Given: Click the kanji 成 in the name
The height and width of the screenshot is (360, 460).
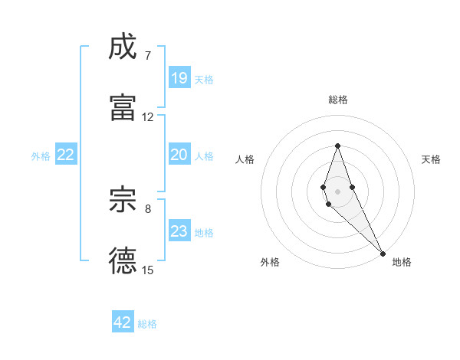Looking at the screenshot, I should (123, 47).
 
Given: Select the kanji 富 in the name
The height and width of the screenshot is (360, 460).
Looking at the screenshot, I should (123, 108).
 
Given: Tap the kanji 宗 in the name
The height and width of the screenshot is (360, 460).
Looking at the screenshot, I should (123, 200).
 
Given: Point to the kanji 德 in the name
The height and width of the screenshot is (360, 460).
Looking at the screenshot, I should (123, 261).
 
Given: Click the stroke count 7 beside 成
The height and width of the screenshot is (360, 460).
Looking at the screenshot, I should (148, 56).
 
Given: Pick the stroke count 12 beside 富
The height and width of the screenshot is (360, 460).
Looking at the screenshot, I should (148, 117).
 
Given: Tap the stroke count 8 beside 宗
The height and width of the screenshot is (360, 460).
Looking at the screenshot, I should (148, 208).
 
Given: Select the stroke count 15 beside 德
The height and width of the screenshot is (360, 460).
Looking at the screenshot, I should (148, 270).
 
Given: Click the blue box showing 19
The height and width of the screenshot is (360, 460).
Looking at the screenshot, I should (179, 78).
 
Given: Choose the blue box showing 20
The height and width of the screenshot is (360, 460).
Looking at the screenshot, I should (179, 155).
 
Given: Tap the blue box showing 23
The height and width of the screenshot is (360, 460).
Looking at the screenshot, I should (179, 231).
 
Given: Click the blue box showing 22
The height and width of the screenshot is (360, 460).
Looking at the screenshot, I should (66, 155).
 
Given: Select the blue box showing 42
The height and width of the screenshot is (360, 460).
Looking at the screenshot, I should (123, 322).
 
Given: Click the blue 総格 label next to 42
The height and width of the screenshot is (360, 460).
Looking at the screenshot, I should (147, 324).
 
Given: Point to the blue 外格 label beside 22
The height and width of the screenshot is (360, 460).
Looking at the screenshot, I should (41, 156).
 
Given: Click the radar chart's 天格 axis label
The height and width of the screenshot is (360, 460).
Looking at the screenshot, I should (431, 159).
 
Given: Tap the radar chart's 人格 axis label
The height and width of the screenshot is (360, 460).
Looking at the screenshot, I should (245, 159).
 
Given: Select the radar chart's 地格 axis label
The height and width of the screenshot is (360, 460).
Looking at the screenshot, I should (402, 262).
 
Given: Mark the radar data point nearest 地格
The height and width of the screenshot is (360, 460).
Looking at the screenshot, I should (382, 252).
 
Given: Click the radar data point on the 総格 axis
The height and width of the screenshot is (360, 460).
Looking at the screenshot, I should (337, 146).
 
